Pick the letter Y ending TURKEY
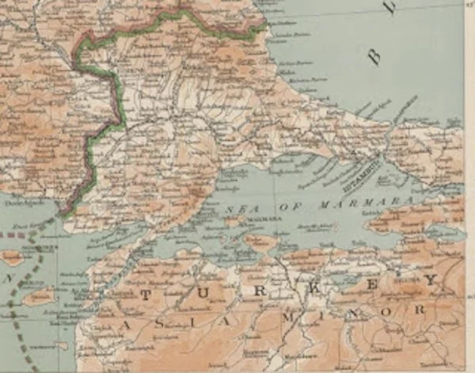428,280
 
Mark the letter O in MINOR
387,310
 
